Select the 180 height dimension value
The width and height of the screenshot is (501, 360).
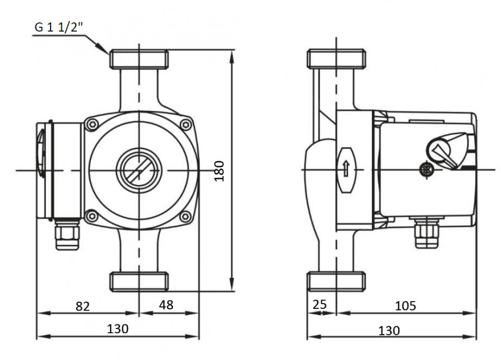(x=220, y=170)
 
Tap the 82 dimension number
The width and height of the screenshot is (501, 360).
(x=83, y=306)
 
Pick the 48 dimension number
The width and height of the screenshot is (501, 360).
(x=166, y=305)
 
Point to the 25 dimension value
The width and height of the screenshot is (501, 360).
(x=320, y=304)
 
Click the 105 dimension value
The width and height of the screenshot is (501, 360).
(x=405, y=306)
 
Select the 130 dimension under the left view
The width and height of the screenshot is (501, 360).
(x=118, y=328)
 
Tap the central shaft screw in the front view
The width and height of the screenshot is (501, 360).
(x=138, y=170)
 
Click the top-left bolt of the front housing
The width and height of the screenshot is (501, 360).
(x=92, y=124)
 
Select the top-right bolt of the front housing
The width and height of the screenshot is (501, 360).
(x=185, y=124)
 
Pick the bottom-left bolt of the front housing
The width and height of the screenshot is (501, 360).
(x=92, y=216)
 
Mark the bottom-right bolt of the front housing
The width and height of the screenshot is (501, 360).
(x=185, y=216)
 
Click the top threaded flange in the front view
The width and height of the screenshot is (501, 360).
(x=139, y=59)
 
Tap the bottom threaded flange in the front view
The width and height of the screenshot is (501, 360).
(x=139, y=281)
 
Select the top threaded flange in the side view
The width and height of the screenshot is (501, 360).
(x=336, y=59)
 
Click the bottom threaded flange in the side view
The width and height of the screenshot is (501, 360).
(x=336, y=281)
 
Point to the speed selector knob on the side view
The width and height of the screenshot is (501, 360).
(x=443, y=149)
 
